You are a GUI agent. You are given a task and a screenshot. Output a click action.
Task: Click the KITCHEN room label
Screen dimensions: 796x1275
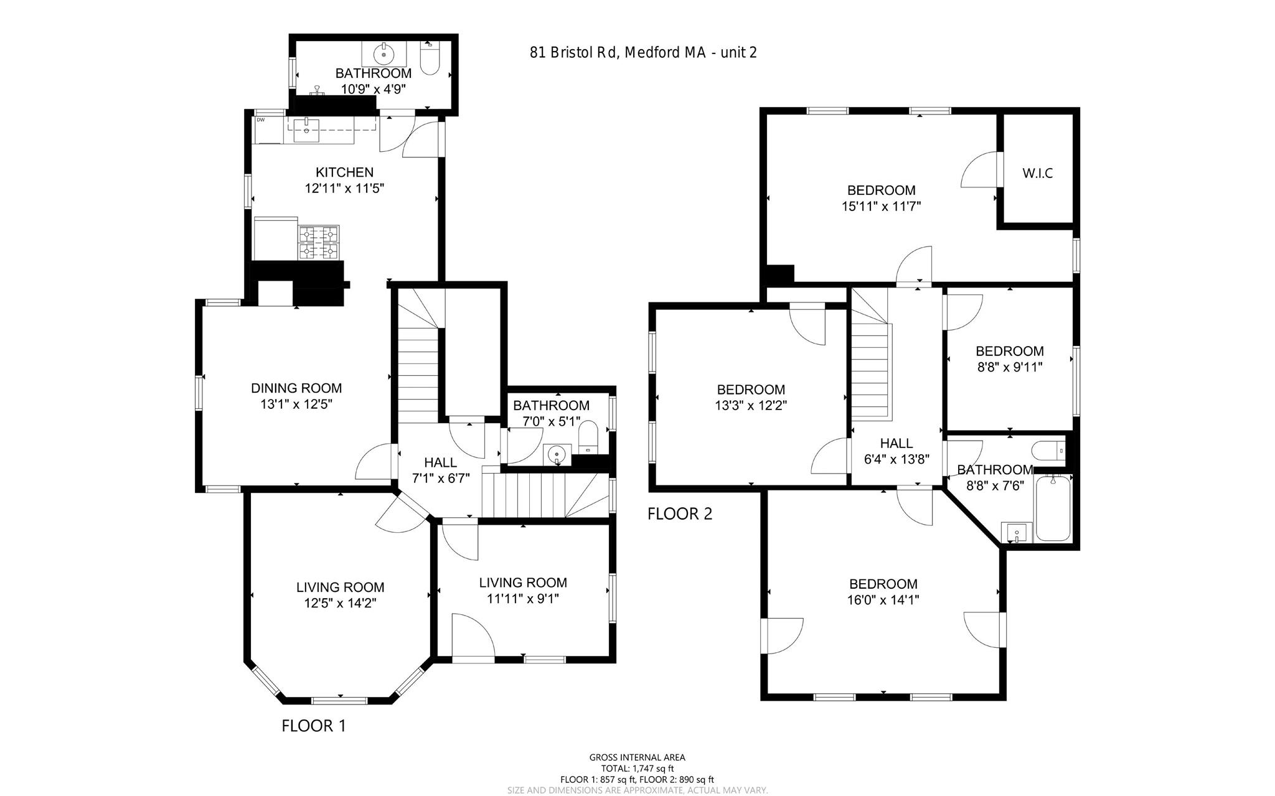point(344,172)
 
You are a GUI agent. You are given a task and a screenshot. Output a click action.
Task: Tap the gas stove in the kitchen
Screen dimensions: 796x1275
point(319,242)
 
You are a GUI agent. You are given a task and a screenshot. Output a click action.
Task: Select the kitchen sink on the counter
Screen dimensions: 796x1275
point(306,129)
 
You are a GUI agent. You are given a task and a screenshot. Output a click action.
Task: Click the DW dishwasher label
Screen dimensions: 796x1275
point(260,119)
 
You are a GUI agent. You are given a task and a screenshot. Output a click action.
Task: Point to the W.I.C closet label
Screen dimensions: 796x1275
point(1037,174)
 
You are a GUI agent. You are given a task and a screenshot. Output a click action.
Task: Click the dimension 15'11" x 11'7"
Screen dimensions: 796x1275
point(881,206)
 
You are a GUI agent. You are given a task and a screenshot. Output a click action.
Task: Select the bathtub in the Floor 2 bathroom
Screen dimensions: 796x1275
point(1052,508)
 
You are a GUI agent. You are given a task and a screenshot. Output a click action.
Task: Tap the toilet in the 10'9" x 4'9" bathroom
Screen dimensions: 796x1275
point(430,60)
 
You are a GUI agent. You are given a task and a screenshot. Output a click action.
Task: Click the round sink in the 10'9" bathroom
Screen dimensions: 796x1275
point(384,55)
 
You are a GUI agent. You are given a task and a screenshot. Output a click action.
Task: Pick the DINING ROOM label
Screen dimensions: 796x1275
point(296,388)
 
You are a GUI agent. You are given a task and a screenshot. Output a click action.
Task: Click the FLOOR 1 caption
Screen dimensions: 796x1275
point(313,726)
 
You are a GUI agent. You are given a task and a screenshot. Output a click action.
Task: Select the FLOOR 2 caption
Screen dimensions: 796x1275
point(680,514)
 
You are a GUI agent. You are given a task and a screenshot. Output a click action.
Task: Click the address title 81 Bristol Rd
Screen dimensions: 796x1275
point(643,53)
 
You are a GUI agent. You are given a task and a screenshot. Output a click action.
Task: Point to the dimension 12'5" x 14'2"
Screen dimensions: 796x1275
point(340,603)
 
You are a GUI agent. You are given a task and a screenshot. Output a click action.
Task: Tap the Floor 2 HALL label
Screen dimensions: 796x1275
point(896,443)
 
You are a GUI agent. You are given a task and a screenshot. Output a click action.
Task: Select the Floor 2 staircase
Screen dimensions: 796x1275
point(870,367)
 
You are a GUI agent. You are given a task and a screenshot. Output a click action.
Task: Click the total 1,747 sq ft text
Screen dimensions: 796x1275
point(637,769)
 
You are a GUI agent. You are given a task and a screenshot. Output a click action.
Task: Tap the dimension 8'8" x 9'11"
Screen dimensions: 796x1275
point(1009,367)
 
